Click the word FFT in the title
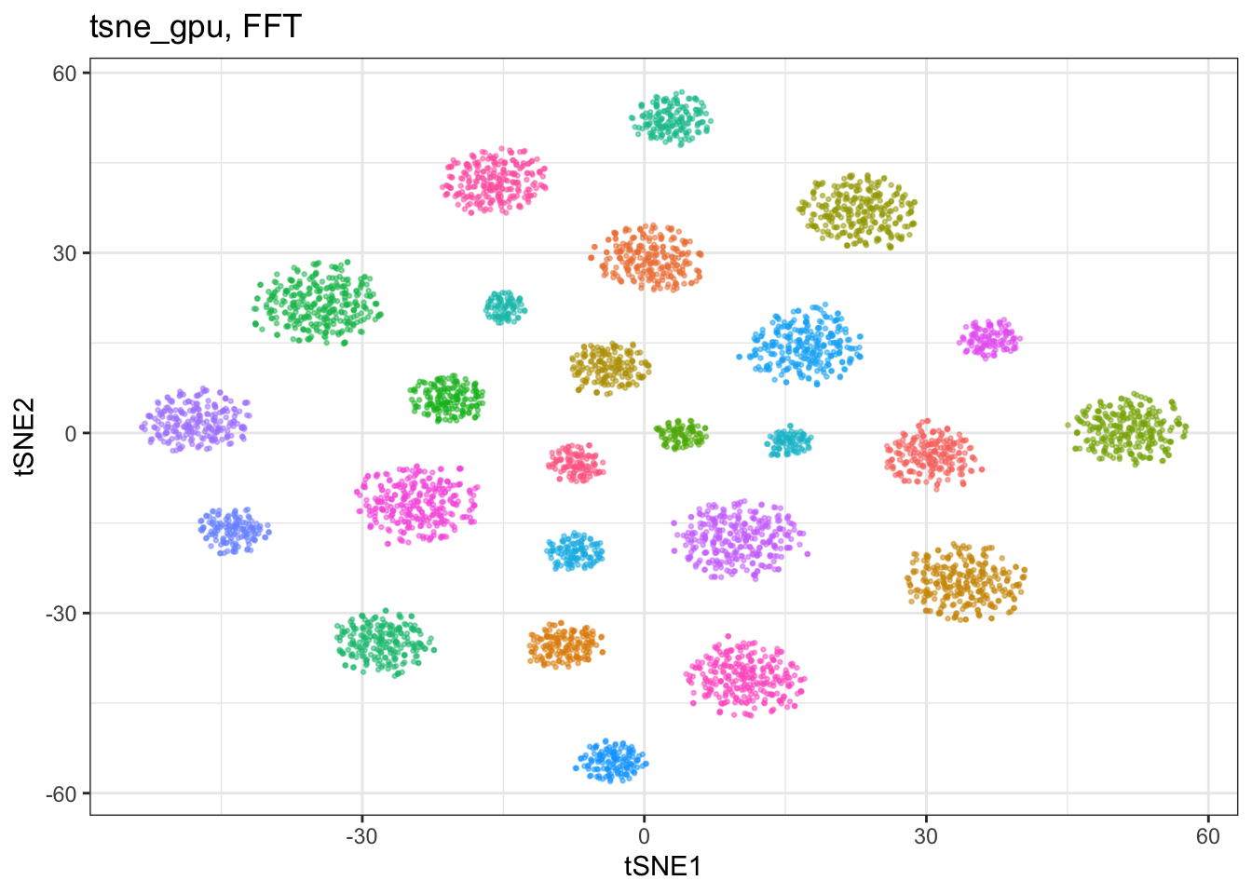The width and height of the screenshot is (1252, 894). pyautogui.click(x=272, y=26)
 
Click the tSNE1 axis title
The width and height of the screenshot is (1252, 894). pyautogui.click(x=663, y=867)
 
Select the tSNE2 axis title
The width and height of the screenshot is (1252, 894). pyautogui.click(x=25, y=437)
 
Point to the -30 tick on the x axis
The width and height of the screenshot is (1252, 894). pyautogui.click(x=361, y=836)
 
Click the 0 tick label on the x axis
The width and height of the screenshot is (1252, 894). pyautogui.click(x=644, y=836)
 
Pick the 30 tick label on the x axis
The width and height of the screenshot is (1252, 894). pyautogui.click(x=926, y=836)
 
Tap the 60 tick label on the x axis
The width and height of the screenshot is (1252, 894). pyautogui.click(x=1208, y=836)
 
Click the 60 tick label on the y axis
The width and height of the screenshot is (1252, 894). pyautogui.click(x=64, y=74)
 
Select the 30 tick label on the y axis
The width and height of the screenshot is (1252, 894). pyautogui.click(x=64, y=253)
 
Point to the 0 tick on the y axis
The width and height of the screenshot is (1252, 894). pyautogui.click(x=71, y=434)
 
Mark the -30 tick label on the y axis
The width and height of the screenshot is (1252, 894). pyautogui.click(x=61, y=614)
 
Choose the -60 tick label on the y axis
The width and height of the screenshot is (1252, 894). pyautogui.click(x=61, y=793)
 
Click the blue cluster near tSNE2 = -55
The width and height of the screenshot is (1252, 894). pyautogui.click(x=611, y=761)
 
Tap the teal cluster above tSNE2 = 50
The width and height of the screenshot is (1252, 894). pyautogui.click(x=672, y=118)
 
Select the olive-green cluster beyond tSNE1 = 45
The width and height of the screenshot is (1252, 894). pyautogui.click(x=1127, y=429)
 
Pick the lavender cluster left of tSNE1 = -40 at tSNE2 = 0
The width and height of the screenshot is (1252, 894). pyautogui.click(x=196, y=420)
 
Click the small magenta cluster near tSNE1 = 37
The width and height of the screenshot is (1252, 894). pyautogui.click(x=989, y=339)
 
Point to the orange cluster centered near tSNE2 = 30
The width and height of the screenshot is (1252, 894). pyautogui.click(x=646, y=258)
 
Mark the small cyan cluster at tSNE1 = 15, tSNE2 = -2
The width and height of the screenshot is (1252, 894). pyautogui.click(x=789, y=441)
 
